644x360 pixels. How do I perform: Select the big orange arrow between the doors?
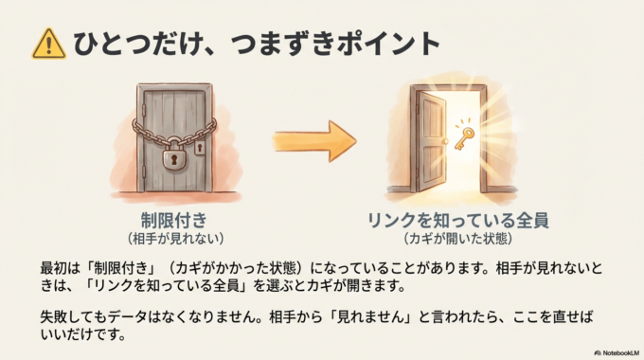(317, 141)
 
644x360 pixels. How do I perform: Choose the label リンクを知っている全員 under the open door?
(457, 220)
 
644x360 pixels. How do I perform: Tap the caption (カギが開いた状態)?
(457, 237)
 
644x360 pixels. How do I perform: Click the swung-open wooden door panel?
(430, 142)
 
